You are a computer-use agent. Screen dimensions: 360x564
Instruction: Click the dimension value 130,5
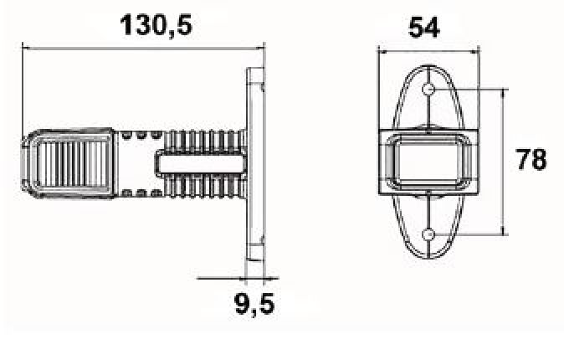tap(156, 24)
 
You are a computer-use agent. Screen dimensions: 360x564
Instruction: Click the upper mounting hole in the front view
tap(428, 89)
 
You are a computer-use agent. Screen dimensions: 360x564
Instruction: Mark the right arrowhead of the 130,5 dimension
tap(262, 47)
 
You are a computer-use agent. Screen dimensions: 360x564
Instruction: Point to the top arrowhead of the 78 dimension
tap(503, 89)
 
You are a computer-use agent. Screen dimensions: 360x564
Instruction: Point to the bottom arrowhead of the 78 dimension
tap(503, 233)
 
